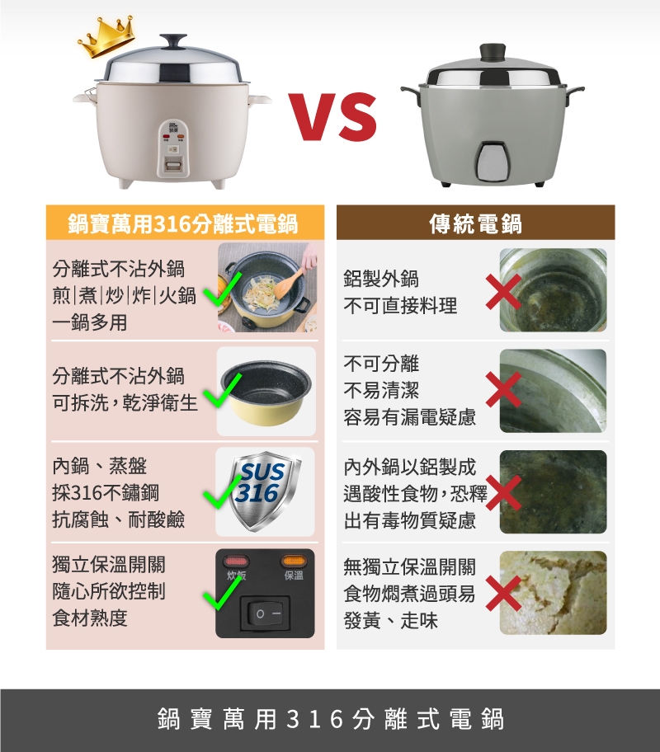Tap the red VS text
click(x=332, y=114)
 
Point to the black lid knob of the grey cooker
click(x=493, y=51)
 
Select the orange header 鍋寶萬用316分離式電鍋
click(x=183, y=223)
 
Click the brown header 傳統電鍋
click(x=475, y=223)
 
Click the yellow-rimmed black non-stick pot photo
click(x=266, y=392)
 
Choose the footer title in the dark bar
click(x=330, y=719)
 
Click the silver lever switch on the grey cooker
click(x=493, y=160)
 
